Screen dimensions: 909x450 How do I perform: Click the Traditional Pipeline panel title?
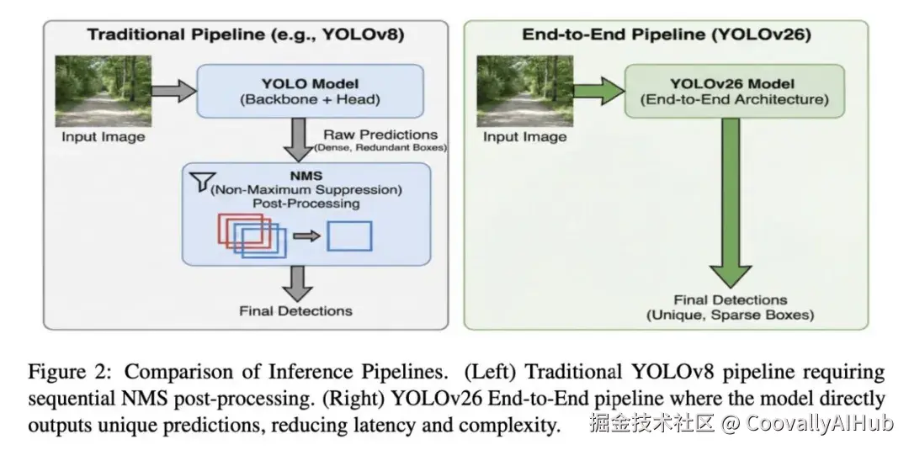point(246,34)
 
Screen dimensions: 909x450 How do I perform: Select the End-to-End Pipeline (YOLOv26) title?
point(666,34)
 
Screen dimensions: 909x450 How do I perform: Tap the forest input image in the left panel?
point(104,91)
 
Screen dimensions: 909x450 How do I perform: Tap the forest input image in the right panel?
point(524,91)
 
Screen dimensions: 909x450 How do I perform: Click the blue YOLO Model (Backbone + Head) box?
point(310,91)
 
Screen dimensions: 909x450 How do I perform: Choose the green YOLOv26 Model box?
point(734,91)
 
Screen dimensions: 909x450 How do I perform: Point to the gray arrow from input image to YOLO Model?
point(174,91)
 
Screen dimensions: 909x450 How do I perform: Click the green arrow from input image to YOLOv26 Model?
point(599,91)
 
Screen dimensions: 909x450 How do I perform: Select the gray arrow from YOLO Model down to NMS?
point(299,140)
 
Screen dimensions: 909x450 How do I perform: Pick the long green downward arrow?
point(731,203)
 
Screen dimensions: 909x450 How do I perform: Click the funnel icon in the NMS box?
point(204,182)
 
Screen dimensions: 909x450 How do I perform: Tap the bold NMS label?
point(306,176)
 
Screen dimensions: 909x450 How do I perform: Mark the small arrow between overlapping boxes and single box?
point(306,236)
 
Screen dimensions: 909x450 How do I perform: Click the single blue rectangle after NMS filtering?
point(349,236)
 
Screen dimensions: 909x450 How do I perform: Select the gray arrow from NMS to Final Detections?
point(299,283)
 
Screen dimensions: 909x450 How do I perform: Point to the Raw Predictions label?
point(380,135)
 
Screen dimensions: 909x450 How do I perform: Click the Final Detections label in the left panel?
point(295,311)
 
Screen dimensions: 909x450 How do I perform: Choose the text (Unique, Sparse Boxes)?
point(731,315)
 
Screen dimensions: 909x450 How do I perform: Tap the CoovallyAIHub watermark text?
point(819,423)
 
